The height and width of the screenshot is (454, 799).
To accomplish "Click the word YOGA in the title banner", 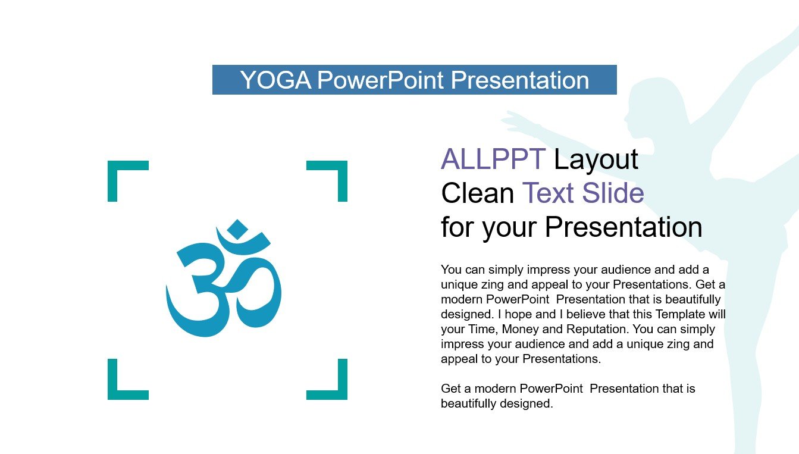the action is tap(275, 80).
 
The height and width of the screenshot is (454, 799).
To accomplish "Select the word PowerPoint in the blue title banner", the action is tap(380, 80).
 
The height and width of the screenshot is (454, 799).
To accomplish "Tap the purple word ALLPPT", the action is tap(493, 159).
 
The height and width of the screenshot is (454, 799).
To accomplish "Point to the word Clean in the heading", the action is tap(478, 193).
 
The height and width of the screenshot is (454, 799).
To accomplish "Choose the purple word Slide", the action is tap(613, 193).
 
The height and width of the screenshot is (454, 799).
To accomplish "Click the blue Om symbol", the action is tap(224, 278).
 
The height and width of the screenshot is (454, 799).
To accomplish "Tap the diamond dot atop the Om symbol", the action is tap(237, 229).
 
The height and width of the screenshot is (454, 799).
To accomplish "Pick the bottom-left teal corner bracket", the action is tap(118, 390).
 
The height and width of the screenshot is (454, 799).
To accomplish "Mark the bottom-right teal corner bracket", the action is tap(337, 390).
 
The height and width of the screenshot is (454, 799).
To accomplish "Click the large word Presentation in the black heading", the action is tap(623, 227).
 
